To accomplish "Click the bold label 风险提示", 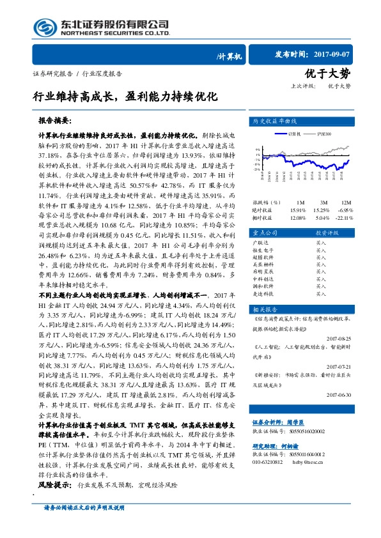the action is (x=56, y=485).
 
